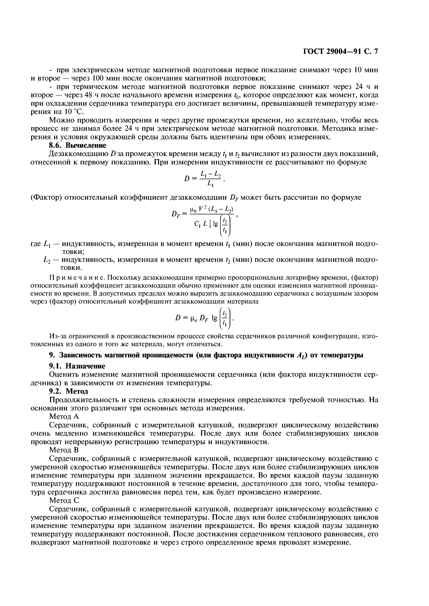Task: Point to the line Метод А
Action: pos(64,416)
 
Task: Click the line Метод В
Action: pos(64,450)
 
